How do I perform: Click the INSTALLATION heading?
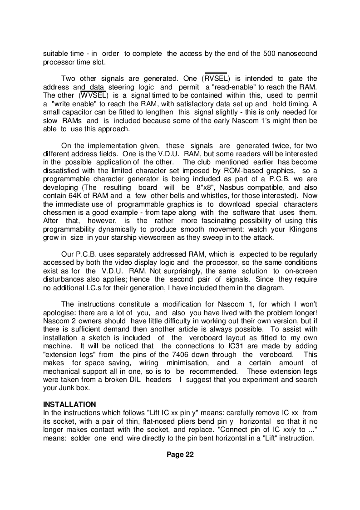point(69,404)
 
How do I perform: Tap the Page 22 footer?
point(180,455)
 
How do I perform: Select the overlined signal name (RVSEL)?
point(216,79)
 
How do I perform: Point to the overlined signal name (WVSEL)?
point(94,95)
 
